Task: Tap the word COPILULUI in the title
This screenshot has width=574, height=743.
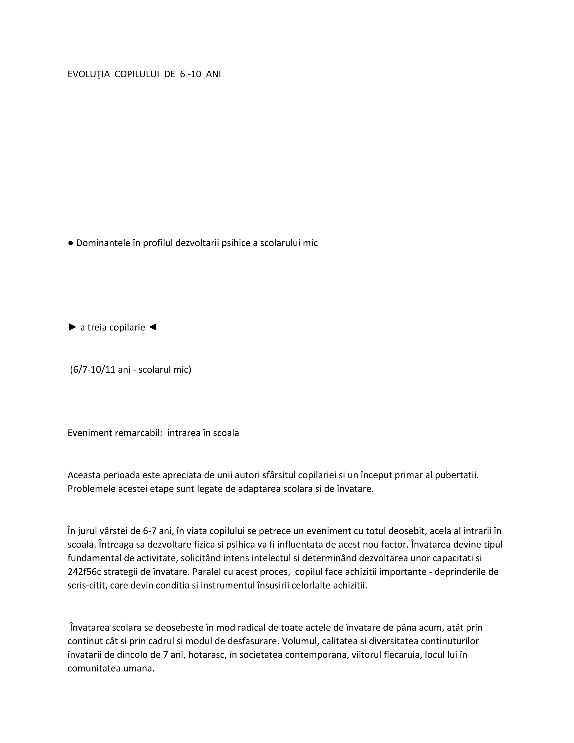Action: tap(137, 74)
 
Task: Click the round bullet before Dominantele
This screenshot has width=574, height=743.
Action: tap(71, 243)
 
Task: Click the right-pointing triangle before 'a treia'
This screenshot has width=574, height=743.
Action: tap(72, 327)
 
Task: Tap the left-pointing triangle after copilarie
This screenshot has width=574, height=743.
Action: tap(153, 327)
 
